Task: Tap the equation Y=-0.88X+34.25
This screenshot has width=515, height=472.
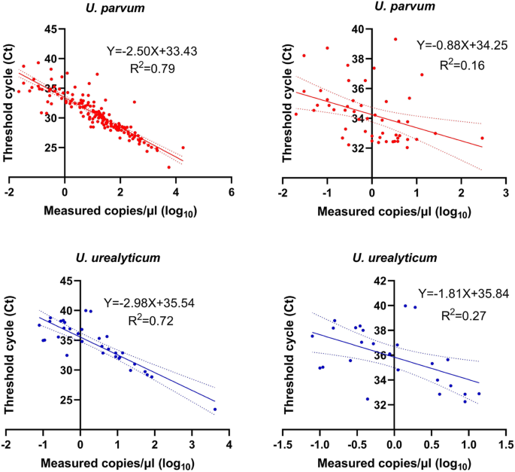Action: coord(462,45)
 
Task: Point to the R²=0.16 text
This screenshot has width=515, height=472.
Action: coord(460,65)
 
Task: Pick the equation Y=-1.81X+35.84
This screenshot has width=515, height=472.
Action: coord(460,297)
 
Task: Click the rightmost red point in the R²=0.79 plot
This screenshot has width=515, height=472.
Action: coord(183,148)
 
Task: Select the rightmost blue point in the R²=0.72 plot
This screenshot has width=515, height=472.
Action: coord(215,410)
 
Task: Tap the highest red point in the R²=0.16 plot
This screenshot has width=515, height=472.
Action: coord(395,39)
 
